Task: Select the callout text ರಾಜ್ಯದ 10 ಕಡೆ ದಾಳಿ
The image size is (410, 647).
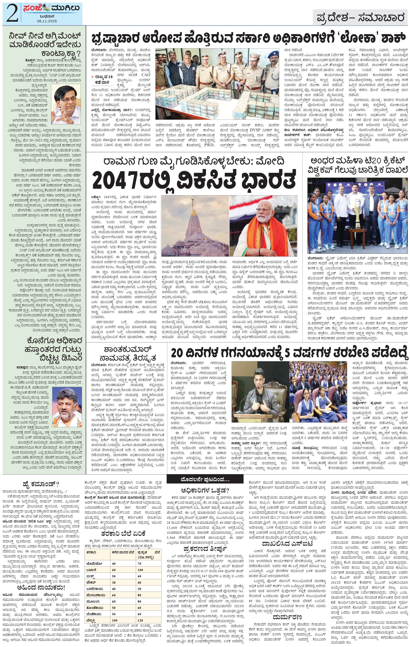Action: [104, 79]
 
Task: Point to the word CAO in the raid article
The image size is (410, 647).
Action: [146, 75]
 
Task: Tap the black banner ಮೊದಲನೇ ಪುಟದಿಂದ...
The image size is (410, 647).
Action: [205, 479]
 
